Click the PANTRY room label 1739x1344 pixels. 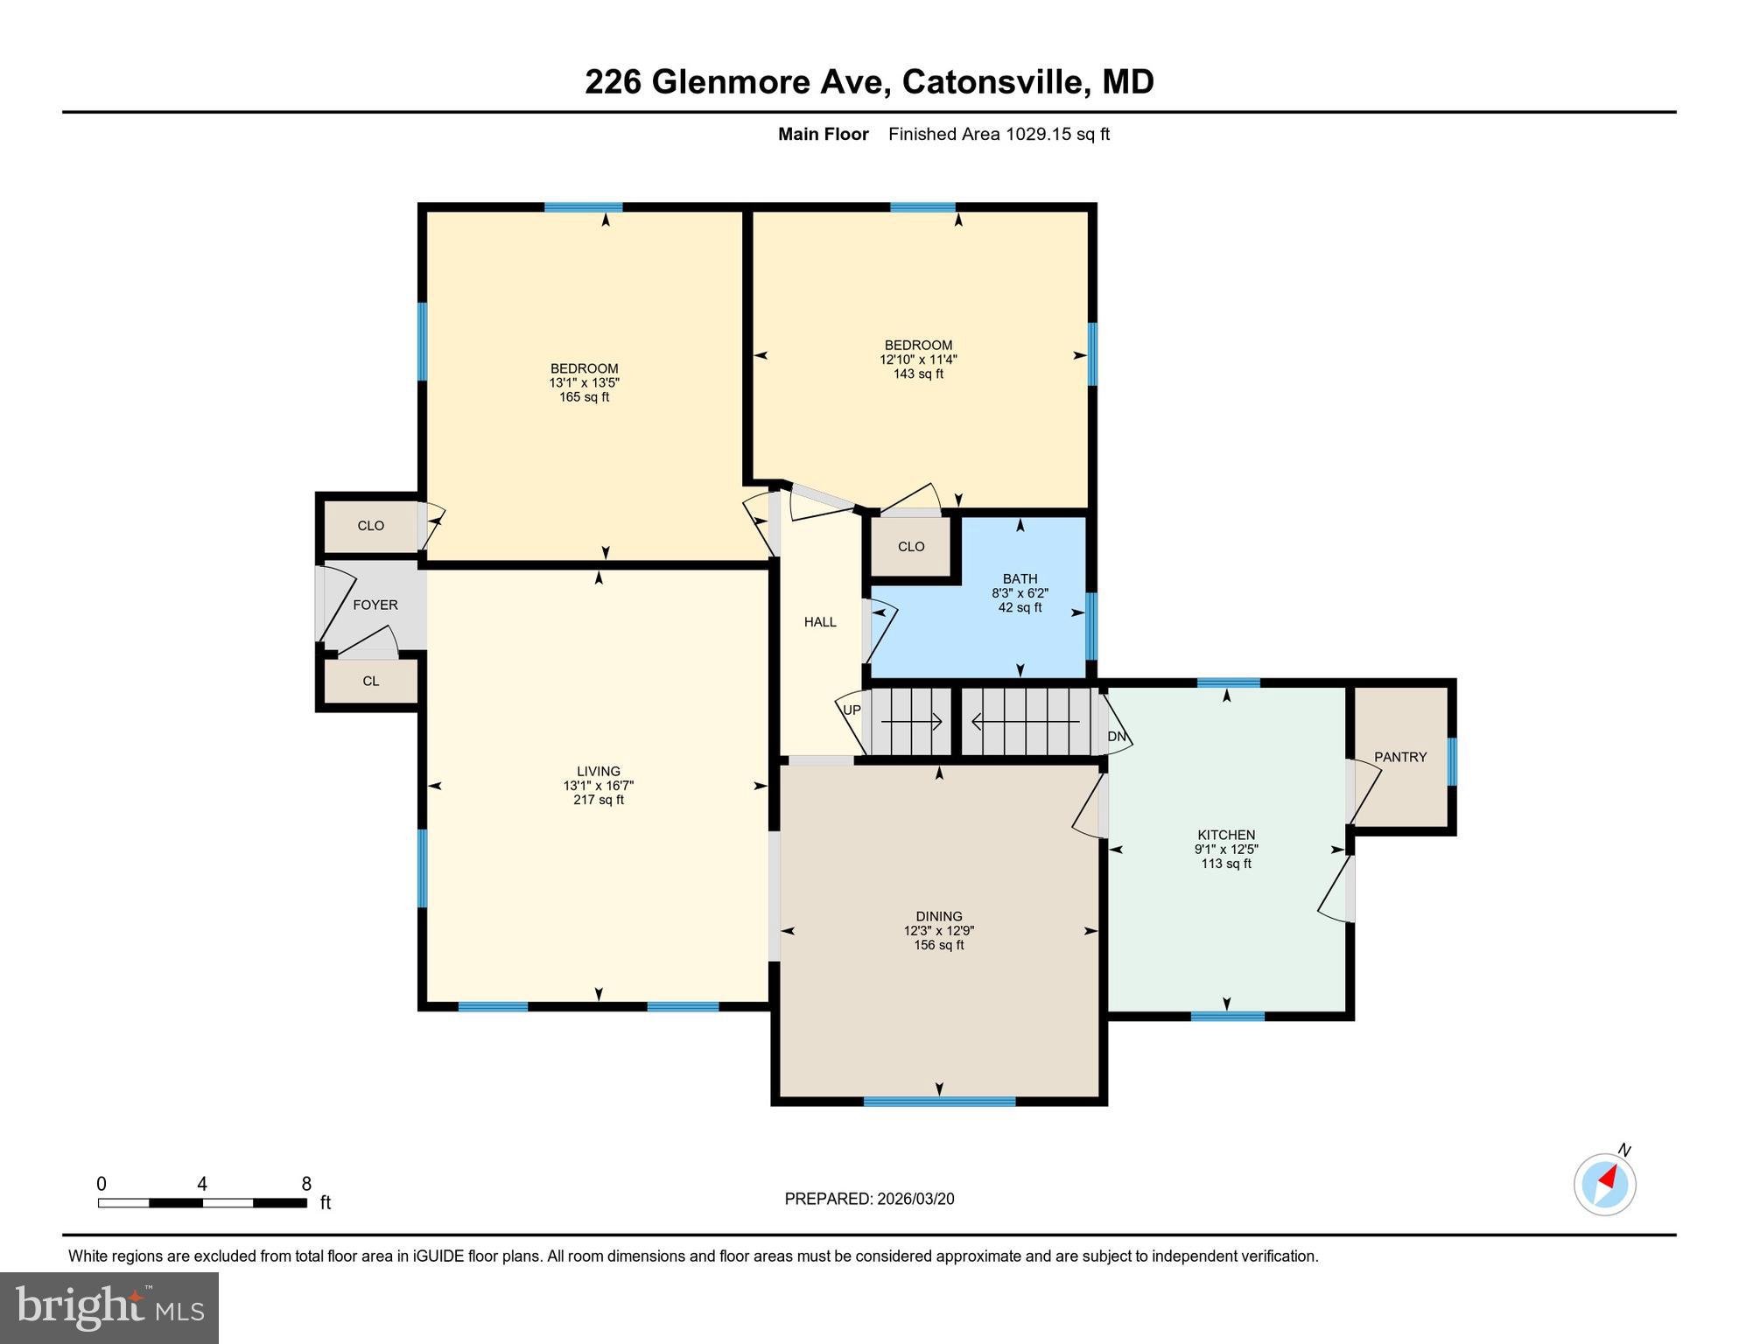(x=1400, y=757)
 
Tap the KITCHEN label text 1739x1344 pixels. (x=1226, y=835)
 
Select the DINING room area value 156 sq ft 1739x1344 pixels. (x=938, y=945)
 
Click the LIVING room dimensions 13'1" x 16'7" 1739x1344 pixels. (x=598, y=786)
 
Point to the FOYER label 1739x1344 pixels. (x=375, y=605)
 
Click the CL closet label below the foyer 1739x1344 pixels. (x=370, y=681)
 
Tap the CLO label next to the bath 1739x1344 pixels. (x=910, y=546)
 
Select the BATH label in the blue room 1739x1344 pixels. (x=1020, y=578)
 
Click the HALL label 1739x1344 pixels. (x=820, y=622)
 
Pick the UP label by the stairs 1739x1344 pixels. (x=852, y=710)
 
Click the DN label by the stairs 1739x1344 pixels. (x=1117, y=737)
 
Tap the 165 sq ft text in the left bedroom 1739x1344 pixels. (x=584, y=397)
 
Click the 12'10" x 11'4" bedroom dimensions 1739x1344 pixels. (x=918, y=360)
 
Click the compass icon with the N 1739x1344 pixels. (x=1605, y=1185)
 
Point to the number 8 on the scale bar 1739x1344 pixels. (x=306, y=1184)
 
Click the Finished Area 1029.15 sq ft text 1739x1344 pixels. (x=999, y=134)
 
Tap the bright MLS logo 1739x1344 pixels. (x=109, y=1308)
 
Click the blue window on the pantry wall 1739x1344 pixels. (x=1452, y=761)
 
